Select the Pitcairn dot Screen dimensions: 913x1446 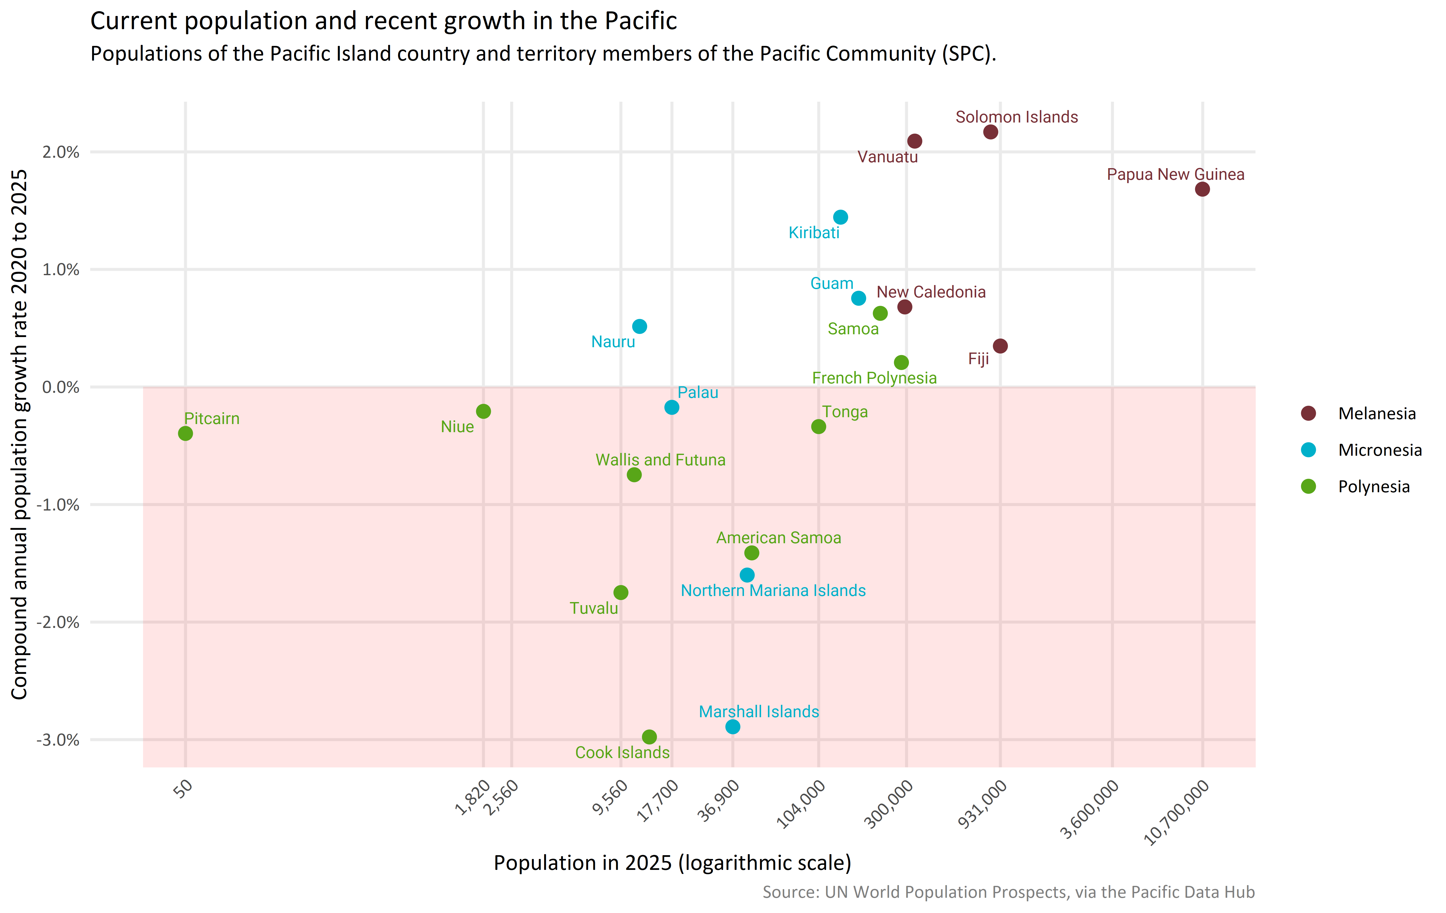185,433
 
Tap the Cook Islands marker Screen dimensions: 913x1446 649,736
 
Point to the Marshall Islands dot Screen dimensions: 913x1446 733,727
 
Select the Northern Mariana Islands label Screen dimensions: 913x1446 773,591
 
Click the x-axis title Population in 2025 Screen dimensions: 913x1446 672,863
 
